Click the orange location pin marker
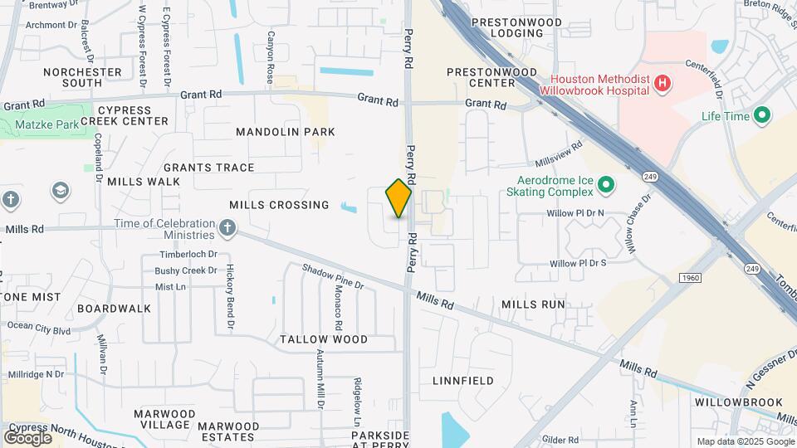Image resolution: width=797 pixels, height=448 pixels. pyautogui.click(x=398, y=198)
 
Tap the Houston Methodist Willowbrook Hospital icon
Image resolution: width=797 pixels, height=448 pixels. pyautogui.click(x=662, y=83)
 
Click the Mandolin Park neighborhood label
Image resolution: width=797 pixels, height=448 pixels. pyautogui.click(x=285, y=132)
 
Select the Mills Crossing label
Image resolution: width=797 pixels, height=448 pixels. pyautogui.click(x=279, y=205)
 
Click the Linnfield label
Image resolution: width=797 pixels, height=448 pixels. pyautogui.click(x=463, y=381)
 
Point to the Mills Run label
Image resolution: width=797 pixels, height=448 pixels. pyautogui.click(x=533, y=304)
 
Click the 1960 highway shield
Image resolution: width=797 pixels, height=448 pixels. pyautogui.click(x=688, y=277)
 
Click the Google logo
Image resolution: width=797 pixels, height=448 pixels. pyautogui.click(x=27, y=437)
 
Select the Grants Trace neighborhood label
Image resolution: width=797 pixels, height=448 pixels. pyautogui.click(x=208, y=168)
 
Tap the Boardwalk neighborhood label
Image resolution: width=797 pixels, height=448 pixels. pyautogui.click(x=114, y=309)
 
